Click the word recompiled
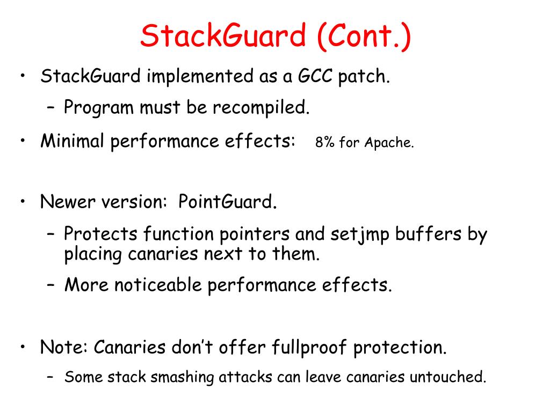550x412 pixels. pyautogui.click(x=261, y=108)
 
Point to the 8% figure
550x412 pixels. pyautogui.click(x=325, y=143)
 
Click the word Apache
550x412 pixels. pyautogui.click(x=389, y=143)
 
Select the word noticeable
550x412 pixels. pyautogui.click(x=158, y=285)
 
